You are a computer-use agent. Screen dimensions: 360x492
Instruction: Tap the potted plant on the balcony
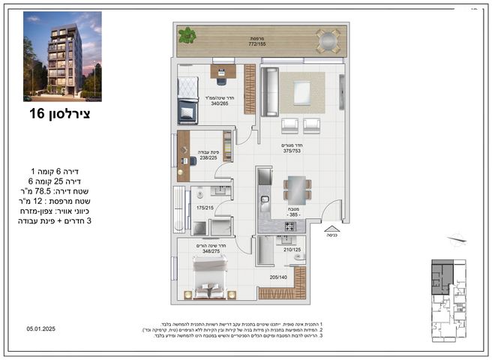(186, 34)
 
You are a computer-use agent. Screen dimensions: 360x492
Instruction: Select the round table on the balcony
(327, 40)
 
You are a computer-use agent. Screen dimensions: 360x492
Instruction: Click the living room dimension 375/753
(292, 151)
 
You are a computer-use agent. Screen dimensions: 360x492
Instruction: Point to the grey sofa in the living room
(271, 92)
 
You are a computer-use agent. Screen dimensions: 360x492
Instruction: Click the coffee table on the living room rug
(301, 92)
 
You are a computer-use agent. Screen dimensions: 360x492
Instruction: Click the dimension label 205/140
(277, 277)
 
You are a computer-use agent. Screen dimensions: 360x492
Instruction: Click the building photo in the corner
(62, 56)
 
